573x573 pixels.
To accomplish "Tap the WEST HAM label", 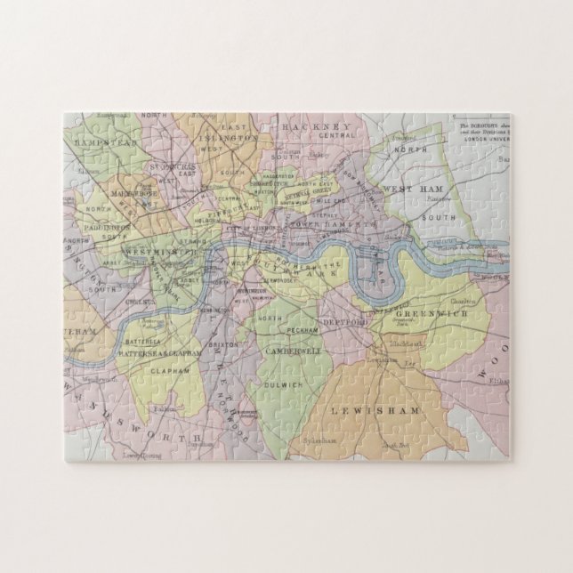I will tap(408, 190).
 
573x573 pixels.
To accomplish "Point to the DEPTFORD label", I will tap(339, 320).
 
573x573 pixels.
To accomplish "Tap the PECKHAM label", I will tap(300, 331).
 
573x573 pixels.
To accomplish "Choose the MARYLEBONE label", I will tap(130, 193).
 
